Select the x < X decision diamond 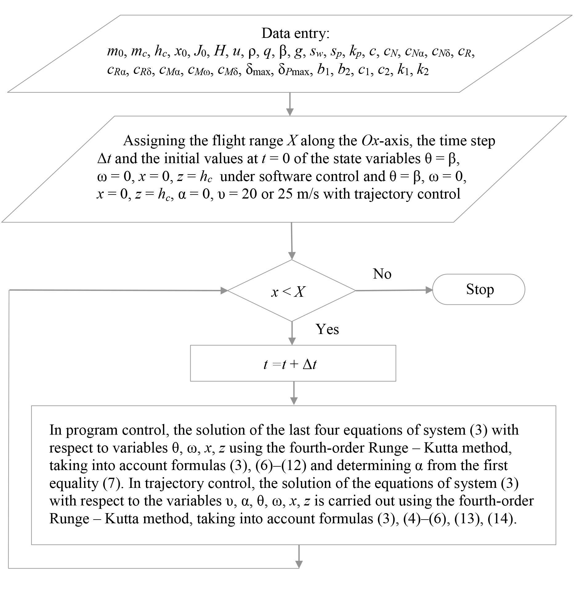[291, 291]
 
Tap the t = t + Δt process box [293, 363]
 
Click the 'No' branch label [382, 274]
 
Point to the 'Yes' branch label [327, 329]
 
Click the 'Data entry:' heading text [295, 33]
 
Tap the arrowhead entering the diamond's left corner [224, 290]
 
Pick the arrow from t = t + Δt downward [294, 393]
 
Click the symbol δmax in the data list [260, 71]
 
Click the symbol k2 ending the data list [423, 71]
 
